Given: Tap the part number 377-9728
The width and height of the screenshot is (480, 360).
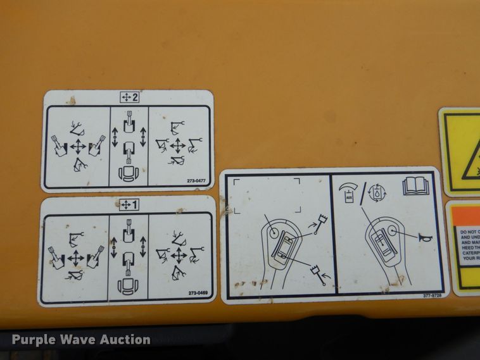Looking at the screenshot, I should (x=433, y=295).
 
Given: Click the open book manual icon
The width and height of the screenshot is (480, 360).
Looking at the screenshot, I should (x=415, y=186).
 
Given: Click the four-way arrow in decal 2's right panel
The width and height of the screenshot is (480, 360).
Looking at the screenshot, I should (x=179, y=146).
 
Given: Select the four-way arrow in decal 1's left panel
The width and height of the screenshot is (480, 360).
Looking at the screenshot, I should (x=75, y=258).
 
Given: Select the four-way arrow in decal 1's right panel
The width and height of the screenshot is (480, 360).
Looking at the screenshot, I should (x=179, y=256).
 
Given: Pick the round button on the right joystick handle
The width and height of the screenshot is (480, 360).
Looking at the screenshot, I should (x=392, y=232).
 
